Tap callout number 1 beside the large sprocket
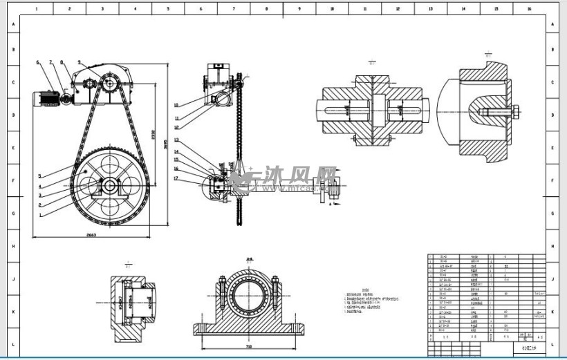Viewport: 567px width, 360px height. point(40,215)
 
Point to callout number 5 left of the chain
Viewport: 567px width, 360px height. point(40,176)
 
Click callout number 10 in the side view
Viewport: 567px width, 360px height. point(176,105)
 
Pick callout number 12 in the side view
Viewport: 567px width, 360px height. point(176,128)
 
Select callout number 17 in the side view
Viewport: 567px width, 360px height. point(176,178)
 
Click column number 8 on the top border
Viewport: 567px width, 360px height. point(266,10)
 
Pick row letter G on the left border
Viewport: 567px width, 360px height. point(12,213)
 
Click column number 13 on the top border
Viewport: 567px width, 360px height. point(430,10)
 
